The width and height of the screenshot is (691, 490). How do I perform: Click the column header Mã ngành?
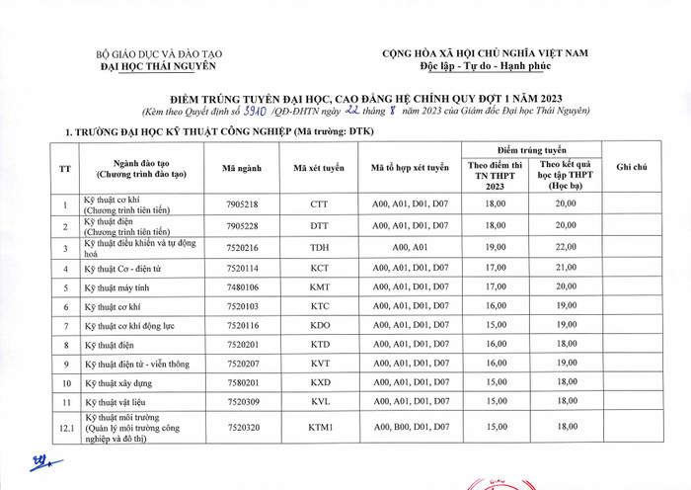click(242, 169)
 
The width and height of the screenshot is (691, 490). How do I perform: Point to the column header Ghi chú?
click(631, 169)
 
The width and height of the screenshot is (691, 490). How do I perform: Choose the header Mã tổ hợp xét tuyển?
click(410, 169)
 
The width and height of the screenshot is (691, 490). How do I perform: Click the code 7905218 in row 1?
click(242, 204)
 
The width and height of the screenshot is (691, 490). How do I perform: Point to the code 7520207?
click(242, 363)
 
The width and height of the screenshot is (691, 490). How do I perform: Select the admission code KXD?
click(319, 382)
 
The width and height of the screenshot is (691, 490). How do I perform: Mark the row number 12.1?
click(67, 428)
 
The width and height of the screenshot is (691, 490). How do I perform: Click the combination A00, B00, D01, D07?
click(410, 428)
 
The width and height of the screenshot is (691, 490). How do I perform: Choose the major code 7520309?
click(242, 402)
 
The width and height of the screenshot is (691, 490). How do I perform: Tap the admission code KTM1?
click(319, 428)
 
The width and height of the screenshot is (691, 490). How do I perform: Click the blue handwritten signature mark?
click(41, 461)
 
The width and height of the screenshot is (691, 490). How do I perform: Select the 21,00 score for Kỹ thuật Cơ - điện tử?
click(565, 268)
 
